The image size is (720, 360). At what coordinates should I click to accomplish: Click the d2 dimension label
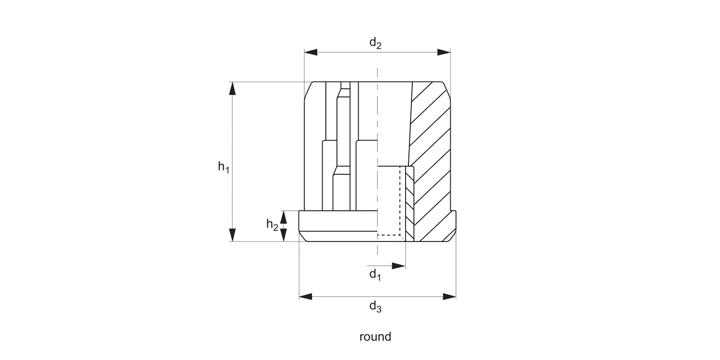(375, 43)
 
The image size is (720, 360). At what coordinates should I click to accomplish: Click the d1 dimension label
(375, 275)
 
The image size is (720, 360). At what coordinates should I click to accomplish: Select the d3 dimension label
(375, 307)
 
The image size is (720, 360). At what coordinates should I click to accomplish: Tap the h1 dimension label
(224, 167)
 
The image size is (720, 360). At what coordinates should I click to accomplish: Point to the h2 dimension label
(272, 224)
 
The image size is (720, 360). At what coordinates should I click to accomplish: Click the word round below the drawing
(375, 336)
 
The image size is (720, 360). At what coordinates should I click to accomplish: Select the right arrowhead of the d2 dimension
(444, 52)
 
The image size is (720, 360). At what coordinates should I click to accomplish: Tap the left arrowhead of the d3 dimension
(305, 297)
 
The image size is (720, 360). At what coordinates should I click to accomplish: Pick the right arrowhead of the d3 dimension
(450, 297)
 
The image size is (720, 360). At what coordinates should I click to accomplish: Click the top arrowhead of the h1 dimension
(233, 89)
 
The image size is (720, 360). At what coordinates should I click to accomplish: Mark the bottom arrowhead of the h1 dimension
(233, 235)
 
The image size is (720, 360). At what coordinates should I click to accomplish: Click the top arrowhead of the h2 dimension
(284, 217)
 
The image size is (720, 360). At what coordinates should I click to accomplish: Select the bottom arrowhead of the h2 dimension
(284, 235)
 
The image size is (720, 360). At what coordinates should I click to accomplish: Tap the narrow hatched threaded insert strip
(409, 204)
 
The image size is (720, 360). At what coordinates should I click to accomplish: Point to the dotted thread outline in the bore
(399, 202)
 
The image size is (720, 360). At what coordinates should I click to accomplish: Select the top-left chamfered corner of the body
(308, 90)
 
